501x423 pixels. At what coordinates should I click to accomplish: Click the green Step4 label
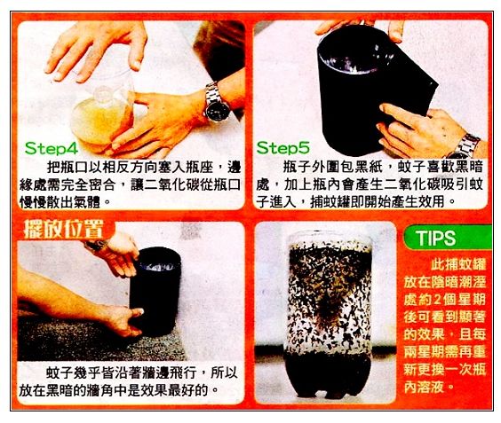52,148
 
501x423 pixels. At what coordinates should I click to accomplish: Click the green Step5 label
283,148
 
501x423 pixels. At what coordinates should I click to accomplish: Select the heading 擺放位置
64,229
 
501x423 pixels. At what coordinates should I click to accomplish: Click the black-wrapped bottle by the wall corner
155,291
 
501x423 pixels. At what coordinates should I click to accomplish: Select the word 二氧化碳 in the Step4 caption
171,185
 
